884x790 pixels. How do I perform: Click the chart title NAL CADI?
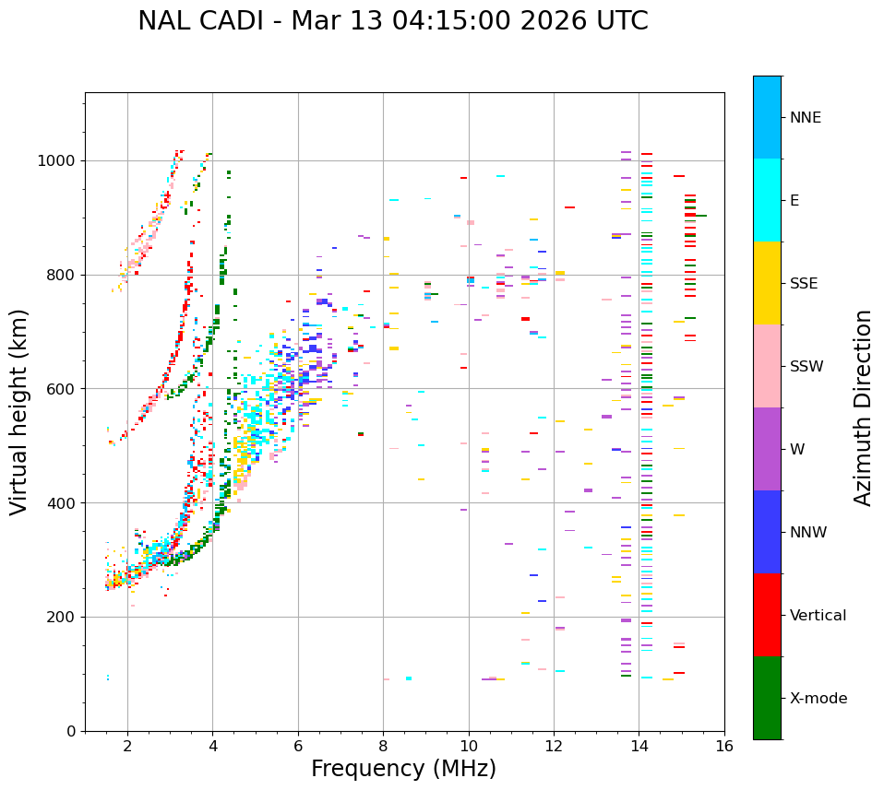pos(392,21)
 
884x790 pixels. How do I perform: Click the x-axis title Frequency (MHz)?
pos(403,769)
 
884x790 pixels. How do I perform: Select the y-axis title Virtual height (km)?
pos(19,411)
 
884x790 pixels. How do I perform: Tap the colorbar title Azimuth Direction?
pos(863,407)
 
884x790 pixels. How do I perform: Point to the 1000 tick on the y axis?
pos(61,160)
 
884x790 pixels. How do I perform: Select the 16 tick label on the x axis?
pos(723,746)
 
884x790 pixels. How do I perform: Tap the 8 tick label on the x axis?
pos(383,746)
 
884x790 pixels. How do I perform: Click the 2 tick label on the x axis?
pos(127,746)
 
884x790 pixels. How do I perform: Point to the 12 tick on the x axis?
pos(554,746)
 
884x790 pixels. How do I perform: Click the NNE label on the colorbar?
pos(805,118)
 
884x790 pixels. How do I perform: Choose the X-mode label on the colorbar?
pos(818,699)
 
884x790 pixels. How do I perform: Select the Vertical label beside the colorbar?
pos(818,616)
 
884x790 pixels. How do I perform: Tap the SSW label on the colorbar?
pos(806,367)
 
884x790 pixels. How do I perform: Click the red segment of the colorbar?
pos(767,615)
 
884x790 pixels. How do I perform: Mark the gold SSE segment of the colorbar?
pos(767,283)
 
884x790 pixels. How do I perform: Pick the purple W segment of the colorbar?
pos(767,449)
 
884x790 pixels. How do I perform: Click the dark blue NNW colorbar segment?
pos(767,532)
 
